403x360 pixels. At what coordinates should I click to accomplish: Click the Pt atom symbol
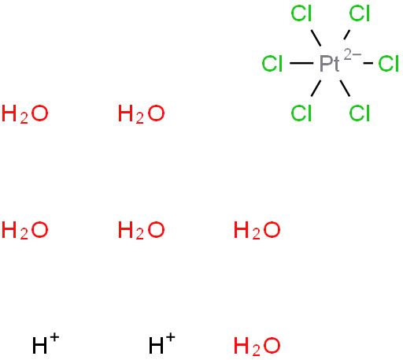click(330, 64)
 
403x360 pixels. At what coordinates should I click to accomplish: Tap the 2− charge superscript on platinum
click(353, 54)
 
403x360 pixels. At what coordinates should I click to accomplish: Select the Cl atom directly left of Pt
click(272, 64)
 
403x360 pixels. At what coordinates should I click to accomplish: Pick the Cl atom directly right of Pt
click(389, 64)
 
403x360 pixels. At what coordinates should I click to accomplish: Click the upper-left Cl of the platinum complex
click(301, 13)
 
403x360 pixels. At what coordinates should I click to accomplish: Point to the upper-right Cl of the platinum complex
click(360, 13)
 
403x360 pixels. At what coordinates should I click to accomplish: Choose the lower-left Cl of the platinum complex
click(301, 113)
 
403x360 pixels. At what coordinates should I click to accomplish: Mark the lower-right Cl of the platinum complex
click(360, 113)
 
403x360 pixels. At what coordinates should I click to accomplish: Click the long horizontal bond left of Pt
click(301, 63)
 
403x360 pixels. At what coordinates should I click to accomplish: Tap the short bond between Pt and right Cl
click(368, 63)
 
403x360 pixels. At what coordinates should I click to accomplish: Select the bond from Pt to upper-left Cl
click(316, 38)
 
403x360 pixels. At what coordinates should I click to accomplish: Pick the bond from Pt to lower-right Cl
click(345, 88)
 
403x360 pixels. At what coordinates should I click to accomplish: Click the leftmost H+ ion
click(46, 343)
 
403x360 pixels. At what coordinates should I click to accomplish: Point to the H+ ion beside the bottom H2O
click(162, 343)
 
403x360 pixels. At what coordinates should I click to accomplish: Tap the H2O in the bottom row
click(257, 346)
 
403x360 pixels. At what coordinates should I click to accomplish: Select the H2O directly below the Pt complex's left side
click(257, 230)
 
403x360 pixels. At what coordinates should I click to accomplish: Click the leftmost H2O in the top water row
click(25, 114)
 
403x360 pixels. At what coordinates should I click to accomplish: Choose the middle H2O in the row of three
click(141, 230)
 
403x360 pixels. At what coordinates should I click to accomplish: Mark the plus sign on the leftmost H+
click(54, 337)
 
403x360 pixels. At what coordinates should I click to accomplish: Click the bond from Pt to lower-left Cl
click(316, 88)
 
